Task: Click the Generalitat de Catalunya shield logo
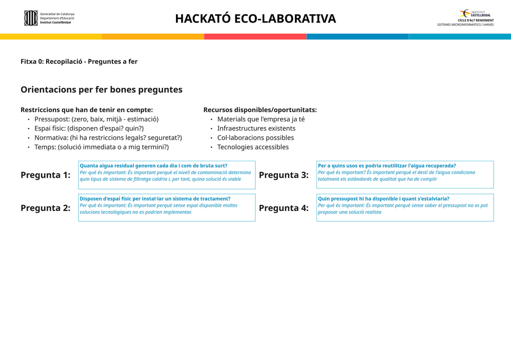tap(31, 18)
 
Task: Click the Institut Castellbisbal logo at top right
tap(475, 13)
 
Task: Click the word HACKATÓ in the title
tap(203, 18)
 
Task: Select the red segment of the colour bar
tap(255, 37)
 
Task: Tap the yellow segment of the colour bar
tap(51, 37)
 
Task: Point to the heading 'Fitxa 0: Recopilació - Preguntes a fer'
tap(79, 61)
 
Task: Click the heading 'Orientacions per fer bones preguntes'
tap(102, 90)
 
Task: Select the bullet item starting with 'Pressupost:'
tap(96, 119)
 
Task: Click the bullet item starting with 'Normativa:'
tap(108, 138)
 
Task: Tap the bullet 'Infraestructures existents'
tap(256, 129)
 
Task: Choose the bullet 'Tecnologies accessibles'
tap(253, 147)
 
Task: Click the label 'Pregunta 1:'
tap(45, 175)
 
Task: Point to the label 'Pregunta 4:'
tap(284, 208)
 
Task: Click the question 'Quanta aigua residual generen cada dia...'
tap(153, 165)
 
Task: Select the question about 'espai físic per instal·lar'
tap(155, 199)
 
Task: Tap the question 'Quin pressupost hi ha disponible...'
tap(384, 199)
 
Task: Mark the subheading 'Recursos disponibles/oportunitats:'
tap(260, 110)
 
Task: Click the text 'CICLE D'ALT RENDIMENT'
tap(476, 20)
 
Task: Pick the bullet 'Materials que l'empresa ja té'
tap(261, 119)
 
